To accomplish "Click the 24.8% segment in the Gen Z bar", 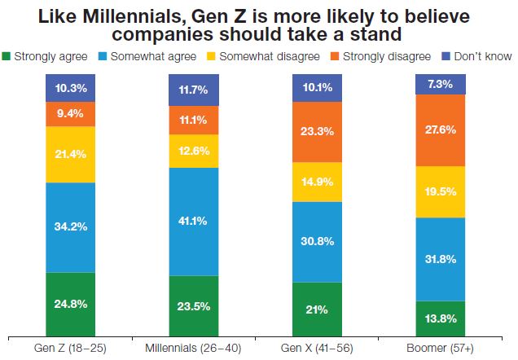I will (x=70, y=303).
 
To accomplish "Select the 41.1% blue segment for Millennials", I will (x=194, y=222).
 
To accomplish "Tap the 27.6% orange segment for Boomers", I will (x=441, y=130).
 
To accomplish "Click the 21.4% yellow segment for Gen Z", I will (x=70, y=154).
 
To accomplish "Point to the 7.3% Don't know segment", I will (x=441, y=84).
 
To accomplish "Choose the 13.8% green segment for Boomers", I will (x=441, y=318).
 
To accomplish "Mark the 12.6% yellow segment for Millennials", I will (x=194, y=151).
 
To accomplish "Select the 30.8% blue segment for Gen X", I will (x=317, y=242).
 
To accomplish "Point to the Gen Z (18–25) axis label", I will (x=70, y=348).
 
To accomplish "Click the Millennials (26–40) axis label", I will (x=194, y=348).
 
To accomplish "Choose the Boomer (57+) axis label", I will (x=441, y=348).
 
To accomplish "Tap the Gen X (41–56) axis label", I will (x=317, y=348).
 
